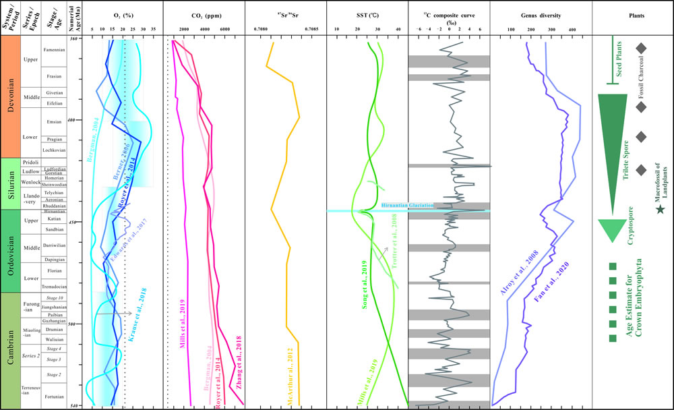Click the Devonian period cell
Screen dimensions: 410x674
click(x=10, y=96)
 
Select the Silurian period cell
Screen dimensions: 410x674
click(x=10, y=183)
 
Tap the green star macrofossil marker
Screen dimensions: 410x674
click(x=660, y=211)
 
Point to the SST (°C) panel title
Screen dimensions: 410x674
click(x=366, y=13)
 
